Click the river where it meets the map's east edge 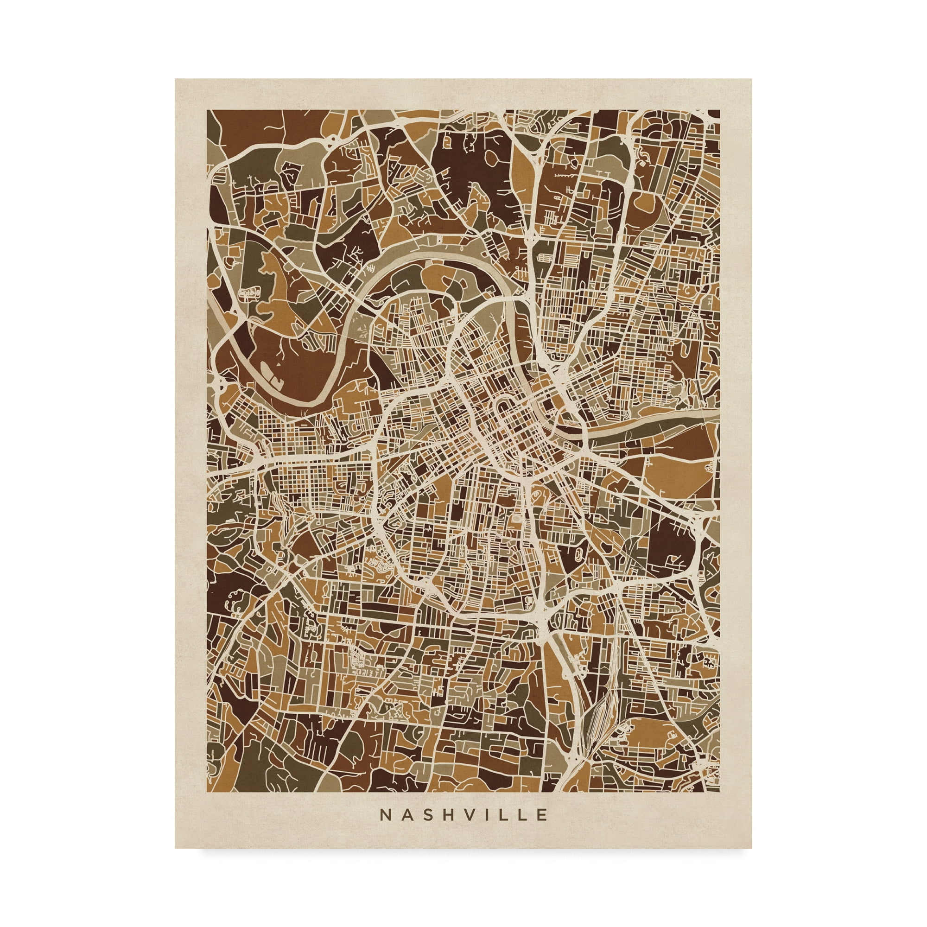(715, 414)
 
